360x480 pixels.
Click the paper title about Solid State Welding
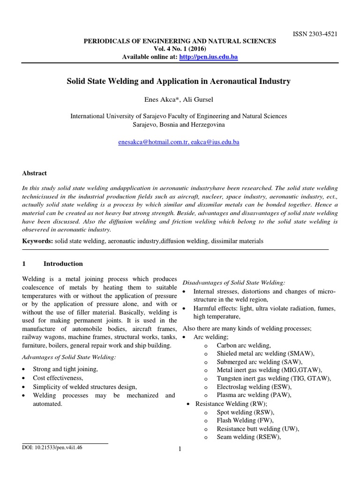(x=180, y=82)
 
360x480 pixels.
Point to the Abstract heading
(x=35, y=173)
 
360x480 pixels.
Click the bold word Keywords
(x=37, y=241)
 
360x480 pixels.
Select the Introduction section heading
(x=63, y=263)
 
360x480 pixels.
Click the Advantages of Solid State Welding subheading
(x=69, y=358)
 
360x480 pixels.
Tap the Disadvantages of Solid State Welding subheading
(x=233, y=282)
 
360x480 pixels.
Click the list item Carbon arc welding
(x=244, y=345)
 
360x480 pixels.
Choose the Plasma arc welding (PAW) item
(x=254, y=395)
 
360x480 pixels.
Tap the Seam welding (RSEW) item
(x=248, y=437)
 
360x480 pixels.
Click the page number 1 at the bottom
(x=180, y=450)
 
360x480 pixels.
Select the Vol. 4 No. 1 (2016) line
(x=180, y=49)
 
